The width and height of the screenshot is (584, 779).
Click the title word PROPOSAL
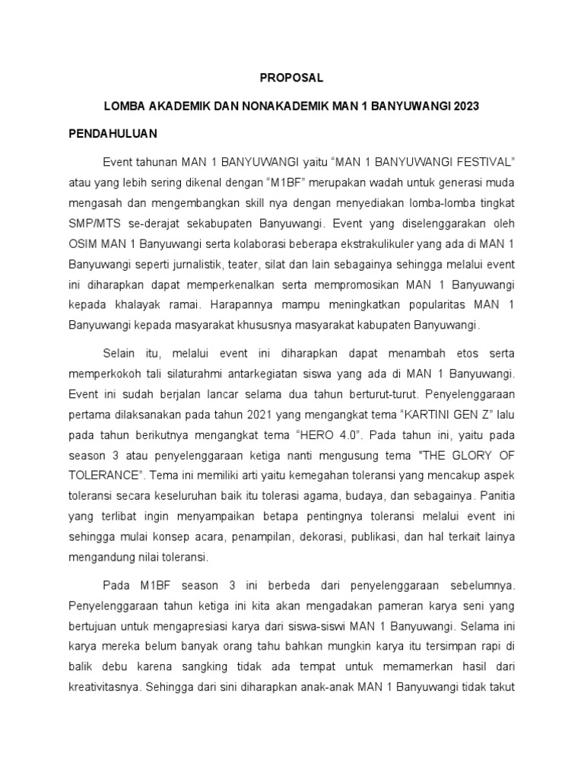point(291,78)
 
